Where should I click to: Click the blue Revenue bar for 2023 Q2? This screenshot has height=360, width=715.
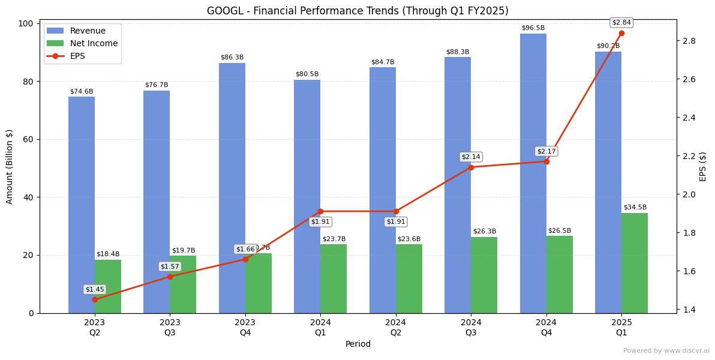(x=82, y=204)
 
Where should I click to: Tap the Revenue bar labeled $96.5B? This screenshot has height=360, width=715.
(x=533, y=174)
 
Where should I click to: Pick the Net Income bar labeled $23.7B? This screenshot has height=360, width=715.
(x=334, y=278)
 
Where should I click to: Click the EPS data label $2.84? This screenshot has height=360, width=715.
(x=621, y=23)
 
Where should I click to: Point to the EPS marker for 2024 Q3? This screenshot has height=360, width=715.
(x=471, y=167)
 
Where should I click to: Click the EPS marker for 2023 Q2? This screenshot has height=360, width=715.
(x=95, y=299)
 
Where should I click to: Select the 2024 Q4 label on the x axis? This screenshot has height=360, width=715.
(x=546, y=328)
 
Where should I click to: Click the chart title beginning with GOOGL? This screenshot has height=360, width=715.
(x=357, y=11)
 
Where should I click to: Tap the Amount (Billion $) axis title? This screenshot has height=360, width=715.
(x=10, y=167)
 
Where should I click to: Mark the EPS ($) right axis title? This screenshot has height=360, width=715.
(x=703, y=166)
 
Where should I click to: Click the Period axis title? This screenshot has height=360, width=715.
(x=358, y=344)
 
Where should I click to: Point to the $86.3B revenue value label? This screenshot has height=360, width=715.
(x=232, y=58)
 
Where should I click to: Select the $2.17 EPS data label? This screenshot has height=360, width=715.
(x=546, y=151)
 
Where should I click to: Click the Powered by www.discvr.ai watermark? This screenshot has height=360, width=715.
(x=666, y=351)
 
